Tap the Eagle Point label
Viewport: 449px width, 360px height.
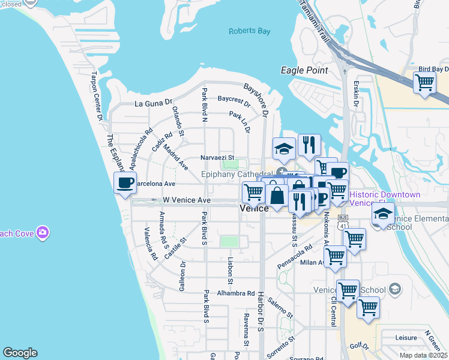(304, 70)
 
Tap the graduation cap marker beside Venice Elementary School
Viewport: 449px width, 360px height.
(382, 214)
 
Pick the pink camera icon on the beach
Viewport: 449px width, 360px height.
(42, 232)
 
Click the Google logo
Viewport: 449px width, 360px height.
(20, 353)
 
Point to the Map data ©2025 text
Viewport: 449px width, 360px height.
(423, 355)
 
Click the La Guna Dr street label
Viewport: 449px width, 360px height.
(154, 103)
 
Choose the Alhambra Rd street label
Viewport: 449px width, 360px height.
(236, 293)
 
